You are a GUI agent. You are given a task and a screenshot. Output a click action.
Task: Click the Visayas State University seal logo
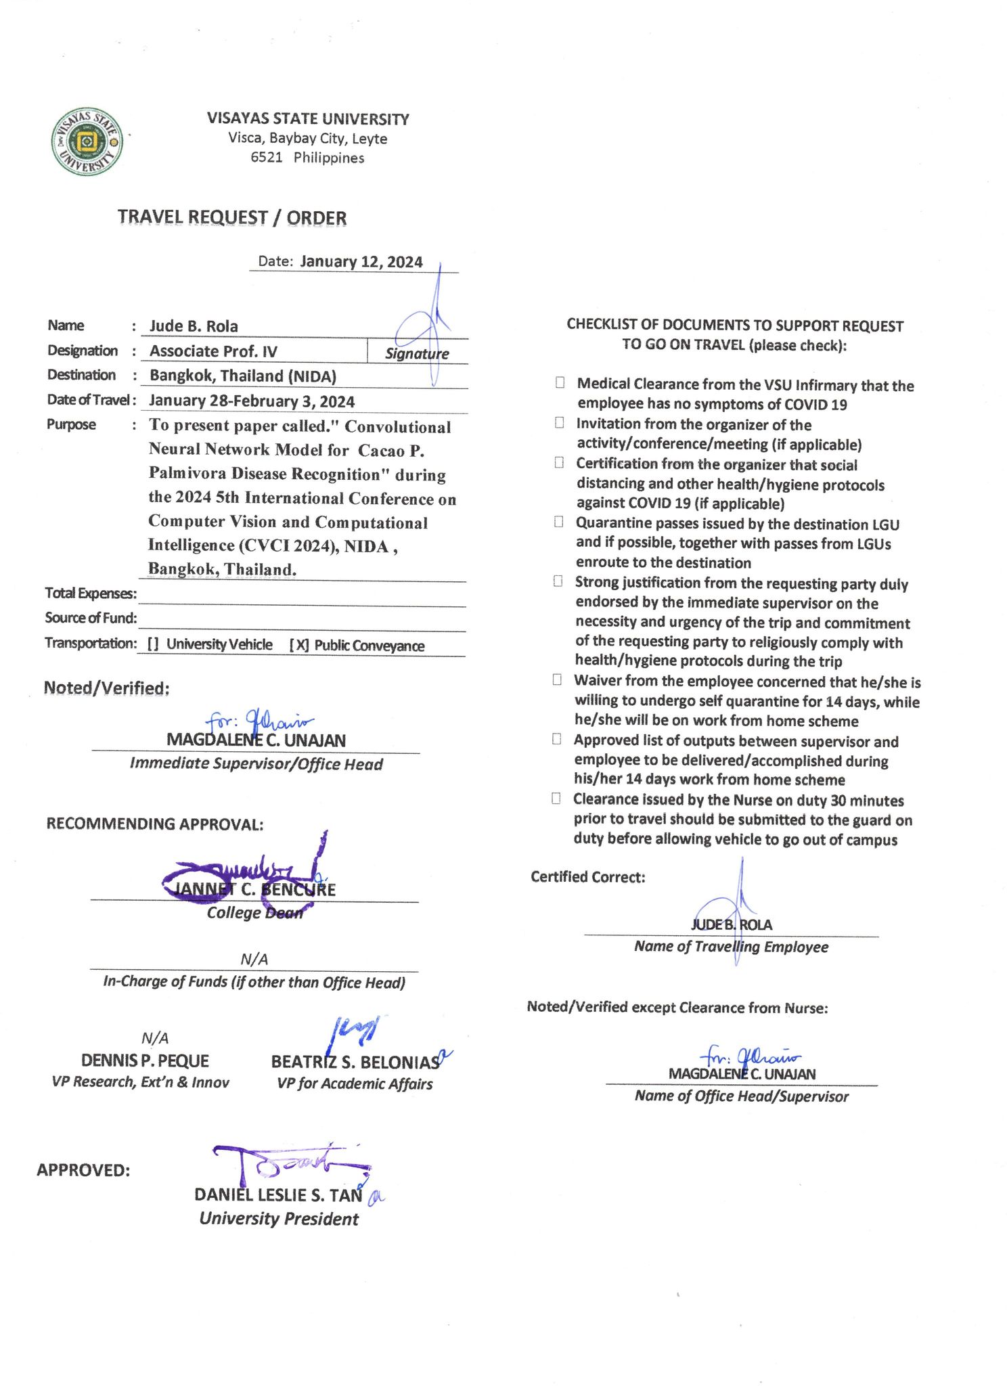87,142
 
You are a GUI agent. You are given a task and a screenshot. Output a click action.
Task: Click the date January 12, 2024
361,262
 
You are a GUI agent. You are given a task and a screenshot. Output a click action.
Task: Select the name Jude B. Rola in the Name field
194,326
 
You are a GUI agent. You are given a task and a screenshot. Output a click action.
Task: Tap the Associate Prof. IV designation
213,351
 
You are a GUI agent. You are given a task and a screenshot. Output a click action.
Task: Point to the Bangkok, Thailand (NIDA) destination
243,376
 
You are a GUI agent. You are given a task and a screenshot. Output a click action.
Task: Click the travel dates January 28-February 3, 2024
252,401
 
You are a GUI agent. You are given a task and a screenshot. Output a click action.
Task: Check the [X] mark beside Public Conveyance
299,645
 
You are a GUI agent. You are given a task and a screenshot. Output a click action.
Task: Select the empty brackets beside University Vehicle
153,644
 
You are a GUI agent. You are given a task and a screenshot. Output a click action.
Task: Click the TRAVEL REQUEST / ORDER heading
232,217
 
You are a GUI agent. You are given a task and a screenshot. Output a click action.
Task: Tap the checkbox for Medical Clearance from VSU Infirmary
560,382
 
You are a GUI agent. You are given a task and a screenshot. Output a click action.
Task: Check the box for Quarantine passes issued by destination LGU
558,522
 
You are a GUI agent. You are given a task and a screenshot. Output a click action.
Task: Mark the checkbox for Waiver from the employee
557,679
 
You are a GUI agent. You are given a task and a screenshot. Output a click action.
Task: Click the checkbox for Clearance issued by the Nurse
556,798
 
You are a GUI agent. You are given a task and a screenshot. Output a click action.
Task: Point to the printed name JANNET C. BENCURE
254,889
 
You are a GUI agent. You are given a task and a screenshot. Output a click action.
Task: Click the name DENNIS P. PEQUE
145,1060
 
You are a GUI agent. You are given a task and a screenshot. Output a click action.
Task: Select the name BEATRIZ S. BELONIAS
355,1062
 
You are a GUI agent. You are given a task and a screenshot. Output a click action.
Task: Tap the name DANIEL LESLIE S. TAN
278,1195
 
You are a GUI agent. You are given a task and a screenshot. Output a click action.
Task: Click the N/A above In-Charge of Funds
254,959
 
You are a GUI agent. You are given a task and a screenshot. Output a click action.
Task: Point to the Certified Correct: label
587,877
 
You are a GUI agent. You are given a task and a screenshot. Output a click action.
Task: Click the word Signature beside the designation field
417,353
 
